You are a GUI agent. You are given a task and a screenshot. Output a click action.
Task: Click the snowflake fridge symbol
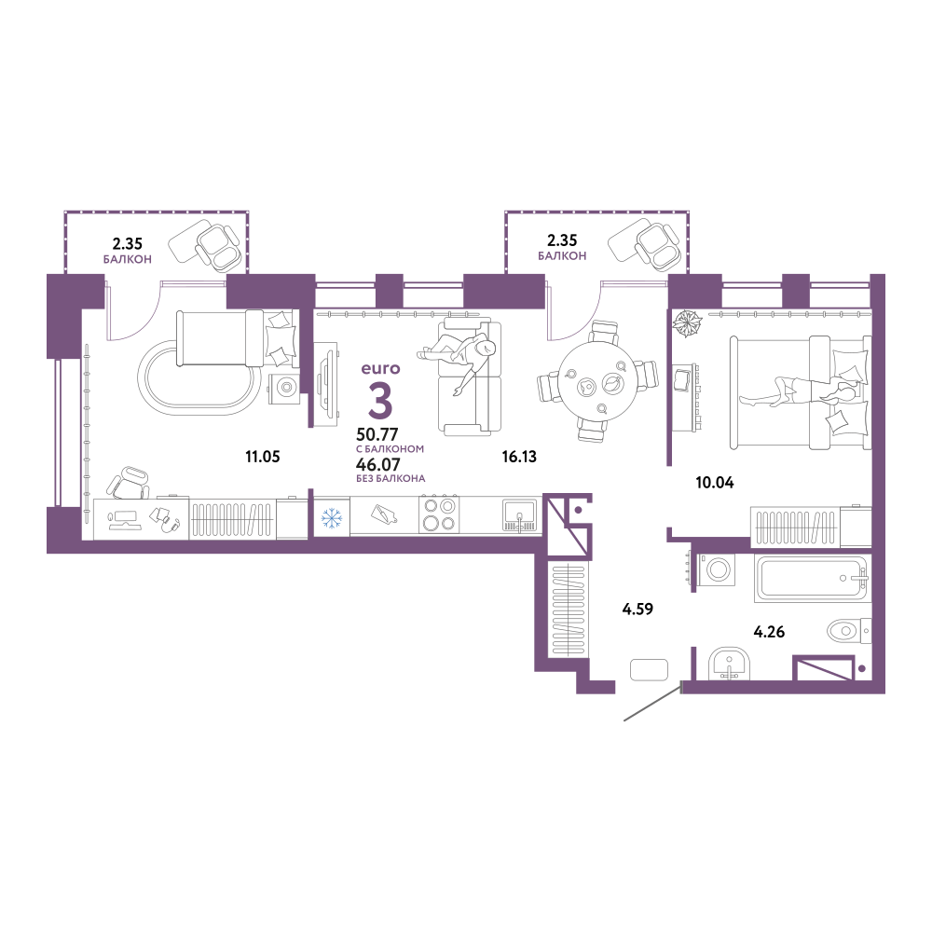point(332,517)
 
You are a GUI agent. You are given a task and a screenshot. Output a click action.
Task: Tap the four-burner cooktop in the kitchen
point(439,514)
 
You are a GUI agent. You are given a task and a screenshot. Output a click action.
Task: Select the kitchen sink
point(519,514)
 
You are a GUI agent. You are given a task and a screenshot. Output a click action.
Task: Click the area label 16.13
point(519,457)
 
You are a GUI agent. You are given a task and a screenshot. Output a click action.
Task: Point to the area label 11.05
point(262,457)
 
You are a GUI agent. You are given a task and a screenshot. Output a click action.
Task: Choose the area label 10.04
point(715,483)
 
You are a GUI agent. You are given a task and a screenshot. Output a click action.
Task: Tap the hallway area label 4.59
point(637,609)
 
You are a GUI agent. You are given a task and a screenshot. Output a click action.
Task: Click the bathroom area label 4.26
point(769,632)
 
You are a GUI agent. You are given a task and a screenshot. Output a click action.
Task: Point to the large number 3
point(380,401)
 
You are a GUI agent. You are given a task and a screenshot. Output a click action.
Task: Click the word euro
point(380,368)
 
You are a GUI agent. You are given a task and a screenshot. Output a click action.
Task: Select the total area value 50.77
point(377,434)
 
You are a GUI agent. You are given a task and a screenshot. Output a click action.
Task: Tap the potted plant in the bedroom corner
point(687,323)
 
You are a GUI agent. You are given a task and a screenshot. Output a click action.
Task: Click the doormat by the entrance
point(650,669)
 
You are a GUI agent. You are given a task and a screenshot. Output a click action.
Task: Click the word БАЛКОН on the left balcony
point(127,259)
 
